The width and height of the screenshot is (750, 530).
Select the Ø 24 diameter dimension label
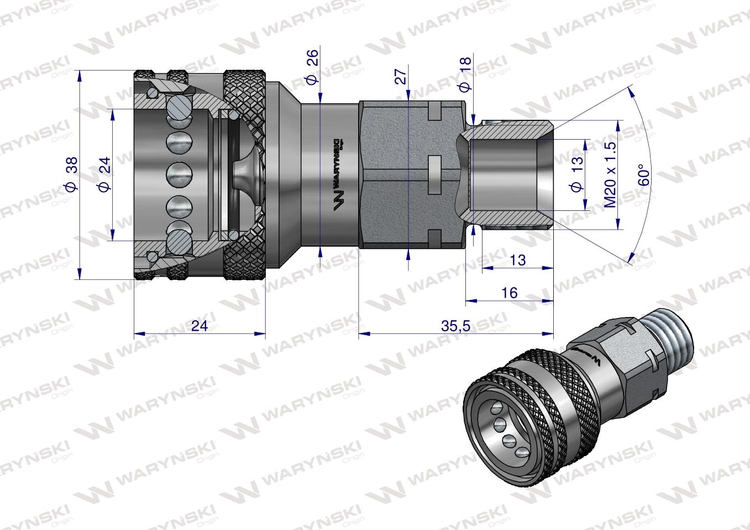(103, 174)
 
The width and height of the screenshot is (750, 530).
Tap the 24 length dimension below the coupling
(199, 326)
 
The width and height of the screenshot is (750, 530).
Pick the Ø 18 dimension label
(465, 73)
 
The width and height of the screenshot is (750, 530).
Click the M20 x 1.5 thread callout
(610, 174)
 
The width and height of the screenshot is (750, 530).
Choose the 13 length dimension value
(517, 259)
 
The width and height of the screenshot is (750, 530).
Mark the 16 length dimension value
(509, 293)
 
